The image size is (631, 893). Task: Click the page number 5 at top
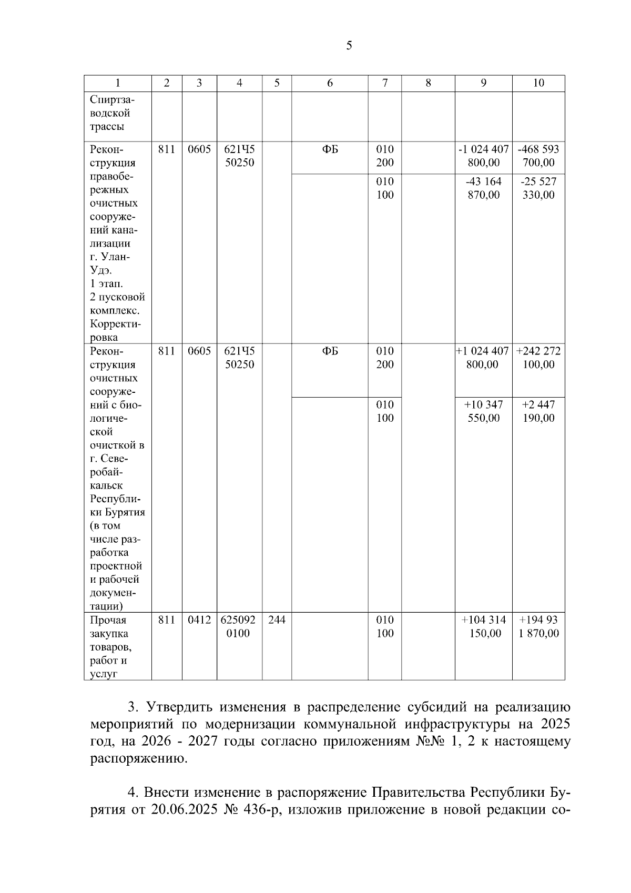coord(349,46)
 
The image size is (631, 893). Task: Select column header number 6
coord(330,83)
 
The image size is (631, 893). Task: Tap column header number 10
coord(538,83)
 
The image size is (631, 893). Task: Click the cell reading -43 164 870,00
coord(483,188)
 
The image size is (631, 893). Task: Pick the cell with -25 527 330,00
coord(538,188)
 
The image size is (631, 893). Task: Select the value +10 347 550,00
coord(483,411)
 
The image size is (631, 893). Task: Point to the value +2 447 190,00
coord(538,411)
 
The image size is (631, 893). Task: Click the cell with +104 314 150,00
coord(483,626)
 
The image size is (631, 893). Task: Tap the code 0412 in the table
coord(199,620)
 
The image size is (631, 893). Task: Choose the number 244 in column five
coord(277,620)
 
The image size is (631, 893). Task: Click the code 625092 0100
coord(239,626)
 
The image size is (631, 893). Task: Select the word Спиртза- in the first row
coord(112,100)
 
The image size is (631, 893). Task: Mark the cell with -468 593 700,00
coord(538,156)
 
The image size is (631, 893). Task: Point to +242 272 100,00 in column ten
coord(538,358)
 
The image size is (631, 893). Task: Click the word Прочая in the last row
coord(108,620)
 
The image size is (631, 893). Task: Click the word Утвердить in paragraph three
coord(179,707)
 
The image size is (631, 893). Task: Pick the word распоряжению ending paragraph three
coord(138,759)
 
